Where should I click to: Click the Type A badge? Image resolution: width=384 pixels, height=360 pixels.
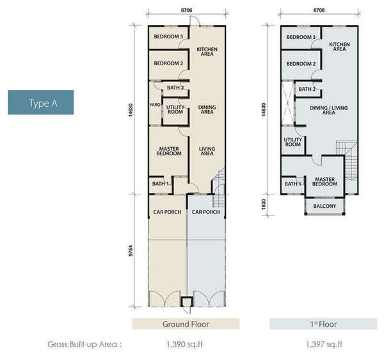(41, 102)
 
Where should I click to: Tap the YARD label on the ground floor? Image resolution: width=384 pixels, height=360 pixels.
(155, 105)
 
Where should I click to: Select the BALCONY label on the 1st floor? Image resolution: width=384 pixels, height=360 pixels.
(324, 206)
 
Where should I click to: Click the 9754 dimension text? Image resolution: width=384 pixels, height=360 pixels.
(131, 251)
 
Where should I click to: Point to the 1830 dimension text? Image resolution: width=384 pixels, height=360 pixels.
(264, 204)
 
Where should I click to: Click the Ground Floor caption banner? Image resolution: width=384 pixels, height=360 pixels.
(186, 324)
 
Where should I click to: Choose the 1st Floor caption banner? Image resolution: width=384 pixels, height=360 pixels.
(323, 324)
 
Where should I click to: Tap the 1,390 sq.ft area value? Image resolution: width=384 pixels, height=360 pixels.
(185, 345)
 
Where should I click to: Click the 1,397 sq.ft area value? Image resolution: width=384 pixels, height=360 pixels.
(324, 345)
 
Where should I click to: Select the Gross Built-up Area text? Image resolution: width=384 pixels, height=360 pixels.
(84, 345)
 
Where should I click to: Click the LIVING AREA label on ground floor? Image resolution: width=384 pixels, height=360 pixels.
(207, 151)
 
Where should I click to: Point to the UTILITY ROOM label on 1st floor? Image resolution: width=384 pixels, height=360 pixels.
(293, 142)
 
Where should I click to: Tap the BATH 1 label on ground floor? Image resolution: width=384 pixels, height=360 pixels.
(161, 184)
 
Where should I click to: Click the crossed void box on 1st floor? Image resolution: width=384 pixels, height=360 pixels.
(287, 103)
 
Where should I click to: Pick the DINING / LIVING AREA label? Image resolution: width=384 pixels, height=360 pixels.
(329, 110)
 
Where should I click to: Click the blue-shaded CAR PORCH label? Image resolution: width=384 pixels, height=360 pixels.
(205, 212)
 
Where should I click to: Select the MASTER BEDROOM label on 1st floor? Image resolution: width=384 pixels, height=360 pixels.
(324, 182)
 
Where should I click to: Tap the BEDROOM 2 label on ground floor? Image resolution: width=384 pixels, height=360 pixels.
(168, 63)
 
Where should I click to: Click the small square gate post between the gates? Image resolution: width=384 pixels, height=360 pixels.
(187, 302)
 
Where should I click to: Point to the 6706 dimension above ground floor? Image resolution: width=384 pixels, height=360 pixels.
(186, 10)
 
